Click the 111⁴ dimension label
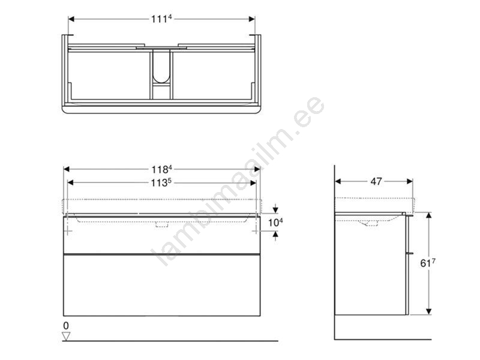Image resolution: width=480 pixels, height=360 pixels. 161,19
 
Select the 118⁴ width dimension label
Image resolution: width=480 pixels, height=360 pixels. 161,169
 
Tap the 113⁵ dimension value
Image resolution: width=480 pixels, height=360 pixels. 161,183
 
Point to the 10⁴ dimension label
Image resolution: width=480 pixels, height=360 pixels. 275,223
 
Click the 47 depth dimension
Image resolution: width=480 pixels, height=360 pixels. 376,182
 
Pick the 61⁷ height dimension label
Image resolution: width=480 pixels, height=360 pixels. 428,263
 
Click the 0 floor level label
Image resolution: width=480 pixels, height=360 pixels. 66,326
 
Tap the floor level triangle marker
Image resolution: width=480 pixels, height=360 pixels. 66,337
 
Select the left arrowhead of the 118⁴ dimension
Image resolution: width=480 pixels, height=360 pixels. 67,169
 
